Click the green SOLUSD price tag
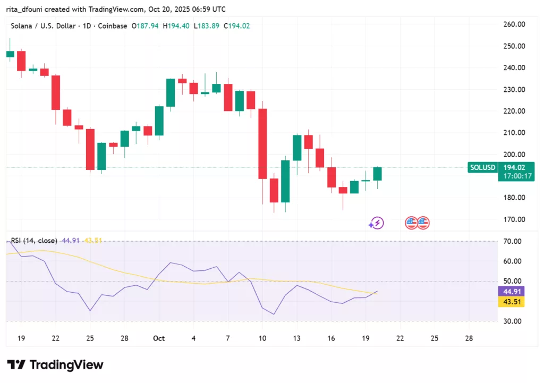[x=482, y=167]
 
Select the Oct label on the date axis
[x=159, y=338]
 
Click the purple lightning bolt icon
[x=377, y=223]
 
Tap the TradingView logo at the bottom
[x=55, y=365]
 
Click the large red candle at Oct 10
[x=262, y=143]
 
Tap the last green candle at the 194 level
[x=377, y=174]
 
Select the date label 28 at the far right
[x=469, y=338]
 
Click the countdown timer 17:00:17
[x=516, y=176]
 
